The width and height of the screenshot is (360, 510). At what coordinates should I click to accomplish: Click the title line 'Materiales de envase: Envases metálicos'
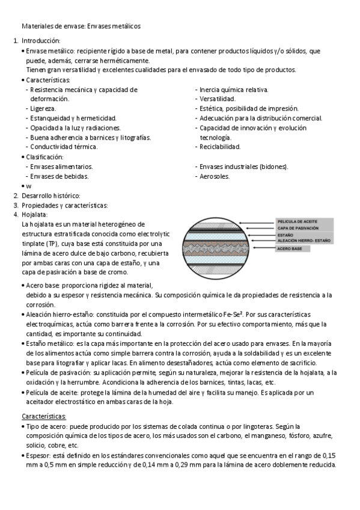81,26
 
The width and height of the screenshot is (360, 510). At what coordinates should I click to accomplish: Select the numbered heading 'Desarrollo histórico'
50,195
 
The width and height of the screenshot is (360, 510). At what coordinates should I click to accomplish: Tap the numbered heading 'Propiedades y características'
64,205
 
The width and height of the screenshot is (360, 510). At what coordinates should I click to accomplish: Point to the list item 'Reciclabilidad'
220,146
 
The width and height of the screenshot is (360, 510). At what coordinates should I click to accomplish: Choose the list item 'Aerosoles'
215,176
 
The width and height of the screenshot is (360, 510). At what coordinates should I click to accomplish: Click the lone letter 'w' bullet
28,186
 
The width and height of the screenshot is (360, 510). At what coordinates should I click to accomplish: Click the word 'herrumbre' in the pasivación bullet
82,382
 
